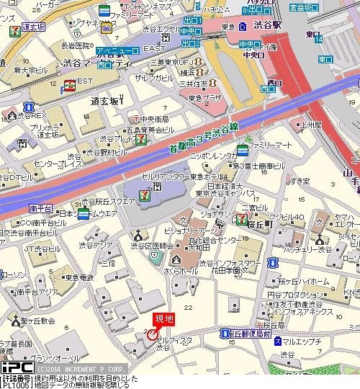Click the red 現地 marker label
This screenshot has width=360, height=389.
pos(163,319)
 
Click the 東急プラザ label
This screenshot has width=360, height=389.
pos(204,97)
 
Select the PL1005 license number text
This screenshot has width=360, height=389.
pos(14,385)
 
